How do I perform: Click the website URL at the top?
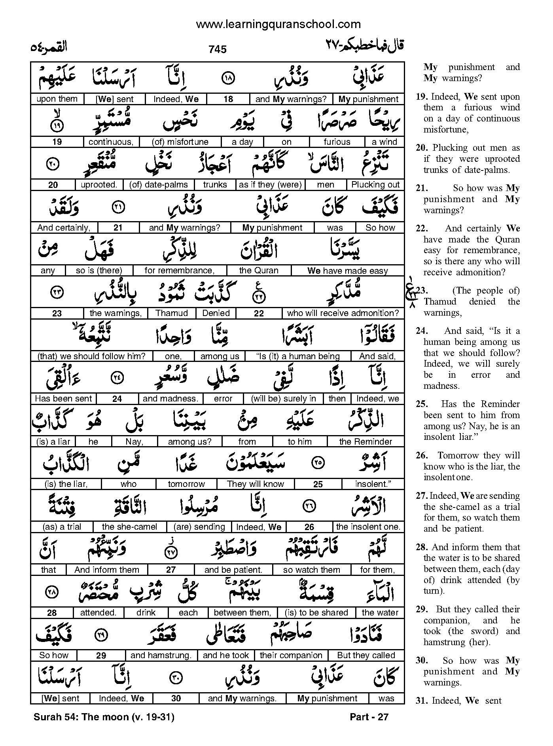[x=278, y=25]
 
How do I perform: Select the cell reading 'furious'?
[x=337, y=142]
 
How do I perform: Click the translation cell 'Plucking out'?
[x=375, y=185]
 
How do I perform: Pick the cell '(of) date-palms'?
[x=159, y=185]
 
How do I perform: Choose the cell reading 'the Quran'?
[x=259, y=271]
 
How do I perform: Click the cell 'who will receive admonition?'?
[x=343, y=313]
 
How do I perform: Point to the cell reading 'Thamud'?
[x=172, y=313]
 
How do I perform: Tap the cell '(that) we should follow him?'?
[x=91, y=356]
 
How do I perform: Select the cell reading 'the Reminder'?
[x=366, y=441]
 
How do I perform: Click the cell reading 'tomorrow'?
[x=186, y=484]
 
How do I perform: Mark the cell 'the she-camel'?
[x=129, y=527]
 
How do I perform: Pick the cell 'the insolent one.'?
[x=368, y=527]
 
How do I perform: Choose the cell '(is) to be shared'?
[x=316, y=613]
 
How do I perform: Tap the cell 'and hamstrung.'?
[x=161, y=655]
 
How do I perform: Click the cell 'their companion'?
[x=291, y=655]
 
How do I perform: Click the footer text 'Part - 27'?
[x=369, y=717]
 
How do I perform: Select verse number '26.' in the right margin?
[x=422, y=456]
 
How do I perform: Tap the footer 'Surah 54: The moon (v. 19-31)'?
[x=104, y=717]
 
